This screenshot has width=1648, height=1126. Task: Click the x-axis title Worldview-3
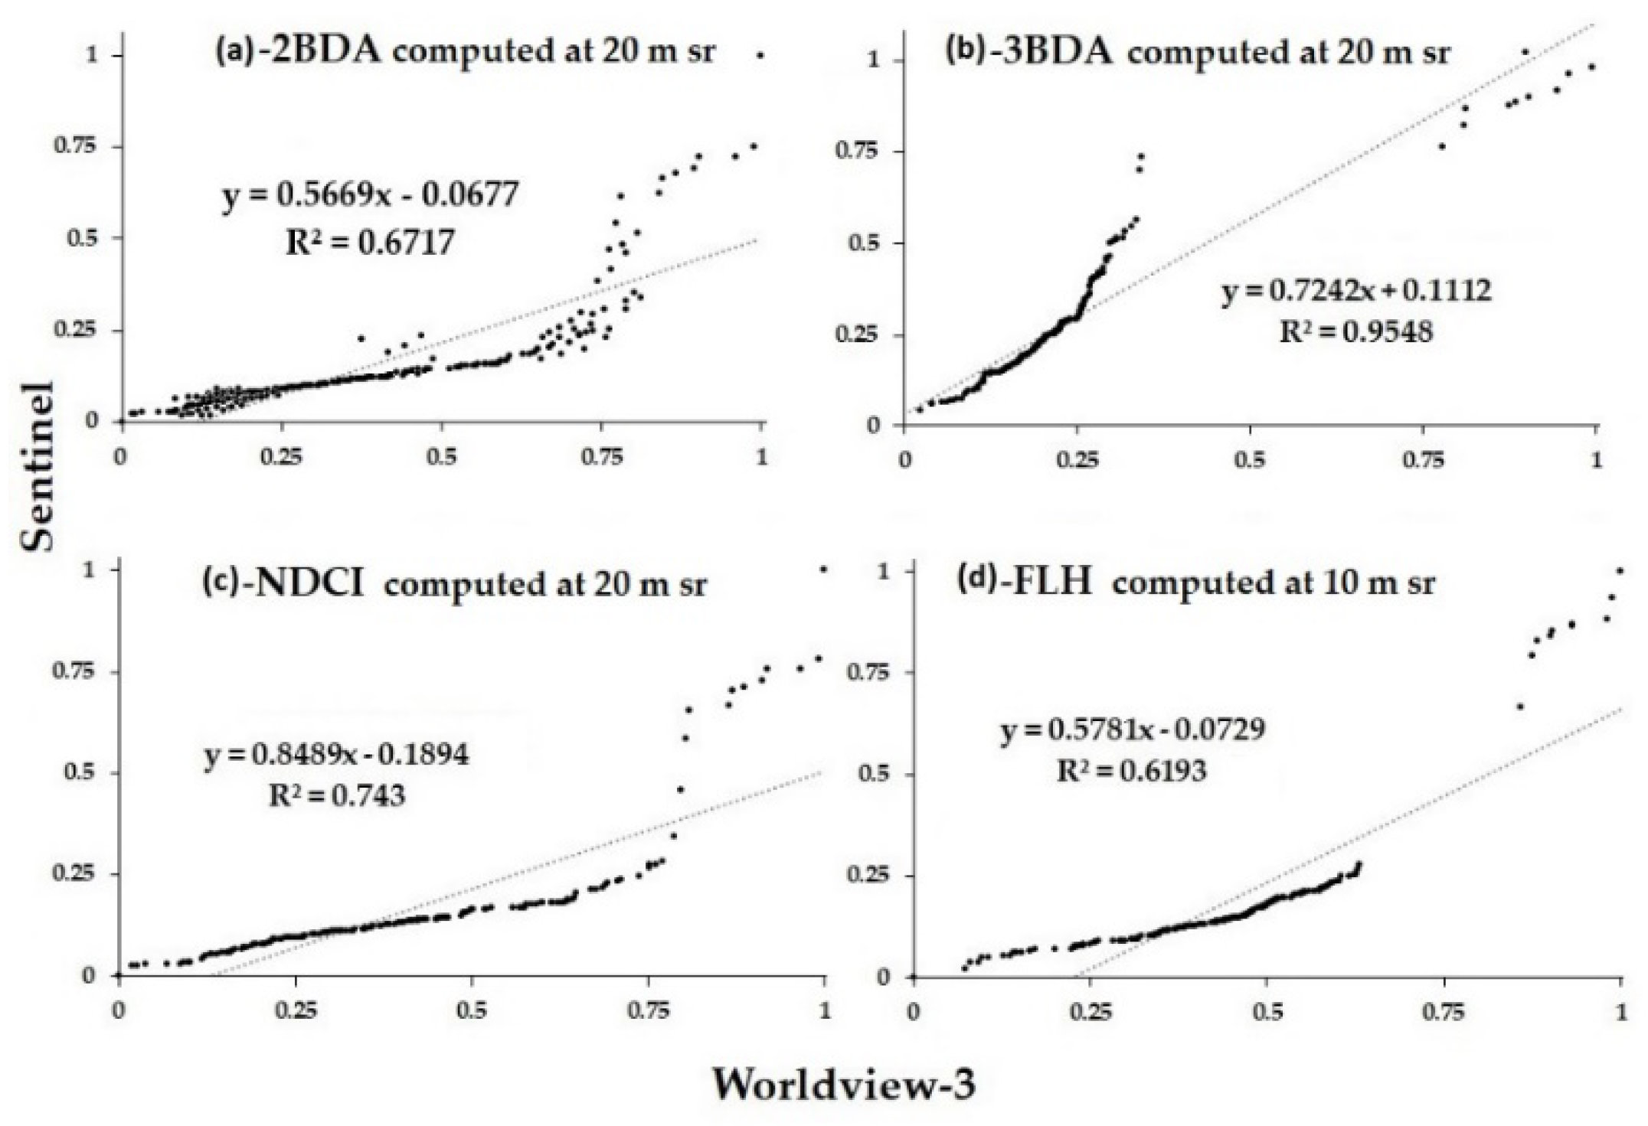[x=845, y=1084]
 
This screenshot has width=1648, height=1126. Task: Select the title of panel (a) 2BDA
[x=466, y=52]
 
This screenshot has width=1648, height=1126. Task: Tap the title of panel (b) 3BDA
[x=1197, y=54]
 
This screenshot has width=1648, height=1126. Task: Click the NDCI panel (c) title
[x=455, y=584]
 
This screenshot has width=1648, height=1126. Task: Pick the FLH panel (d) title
[x=1196, y=583]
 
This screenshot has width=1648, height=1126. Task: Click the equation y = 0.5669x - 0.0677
[x=371, y=195]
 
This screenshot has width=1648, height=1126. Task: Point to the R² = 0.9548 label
[x=1356, y=331]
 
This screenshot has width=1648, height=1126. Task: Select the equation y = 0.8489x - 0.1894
[x=337, y=756]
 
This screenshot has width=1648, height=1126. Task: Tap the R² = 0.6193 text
[x=1131, y=771]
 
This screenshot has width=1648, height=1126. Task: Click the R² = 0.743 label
[x=337, y=796]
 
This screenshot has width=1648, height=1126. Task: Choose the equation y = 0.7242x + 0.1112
[x=1356, y=291]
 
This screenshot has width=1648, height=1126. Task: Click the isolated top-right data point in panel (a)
[x=760, y=55]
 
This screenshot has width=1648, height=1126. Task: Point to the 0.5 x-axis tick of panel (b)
[x=1250, y=460]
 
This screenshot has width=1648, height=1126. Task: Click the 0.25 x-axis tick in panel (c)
[x=296, y=1010]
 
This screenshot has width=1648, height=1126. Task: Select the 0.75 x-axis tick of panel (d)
[x=1444, y=1012]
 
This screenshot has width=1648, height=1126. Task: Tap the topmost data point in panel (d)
[x=1620, y=570]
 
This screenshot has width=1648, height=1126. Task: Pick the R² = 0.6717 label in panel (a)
[x=371, y=242]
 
